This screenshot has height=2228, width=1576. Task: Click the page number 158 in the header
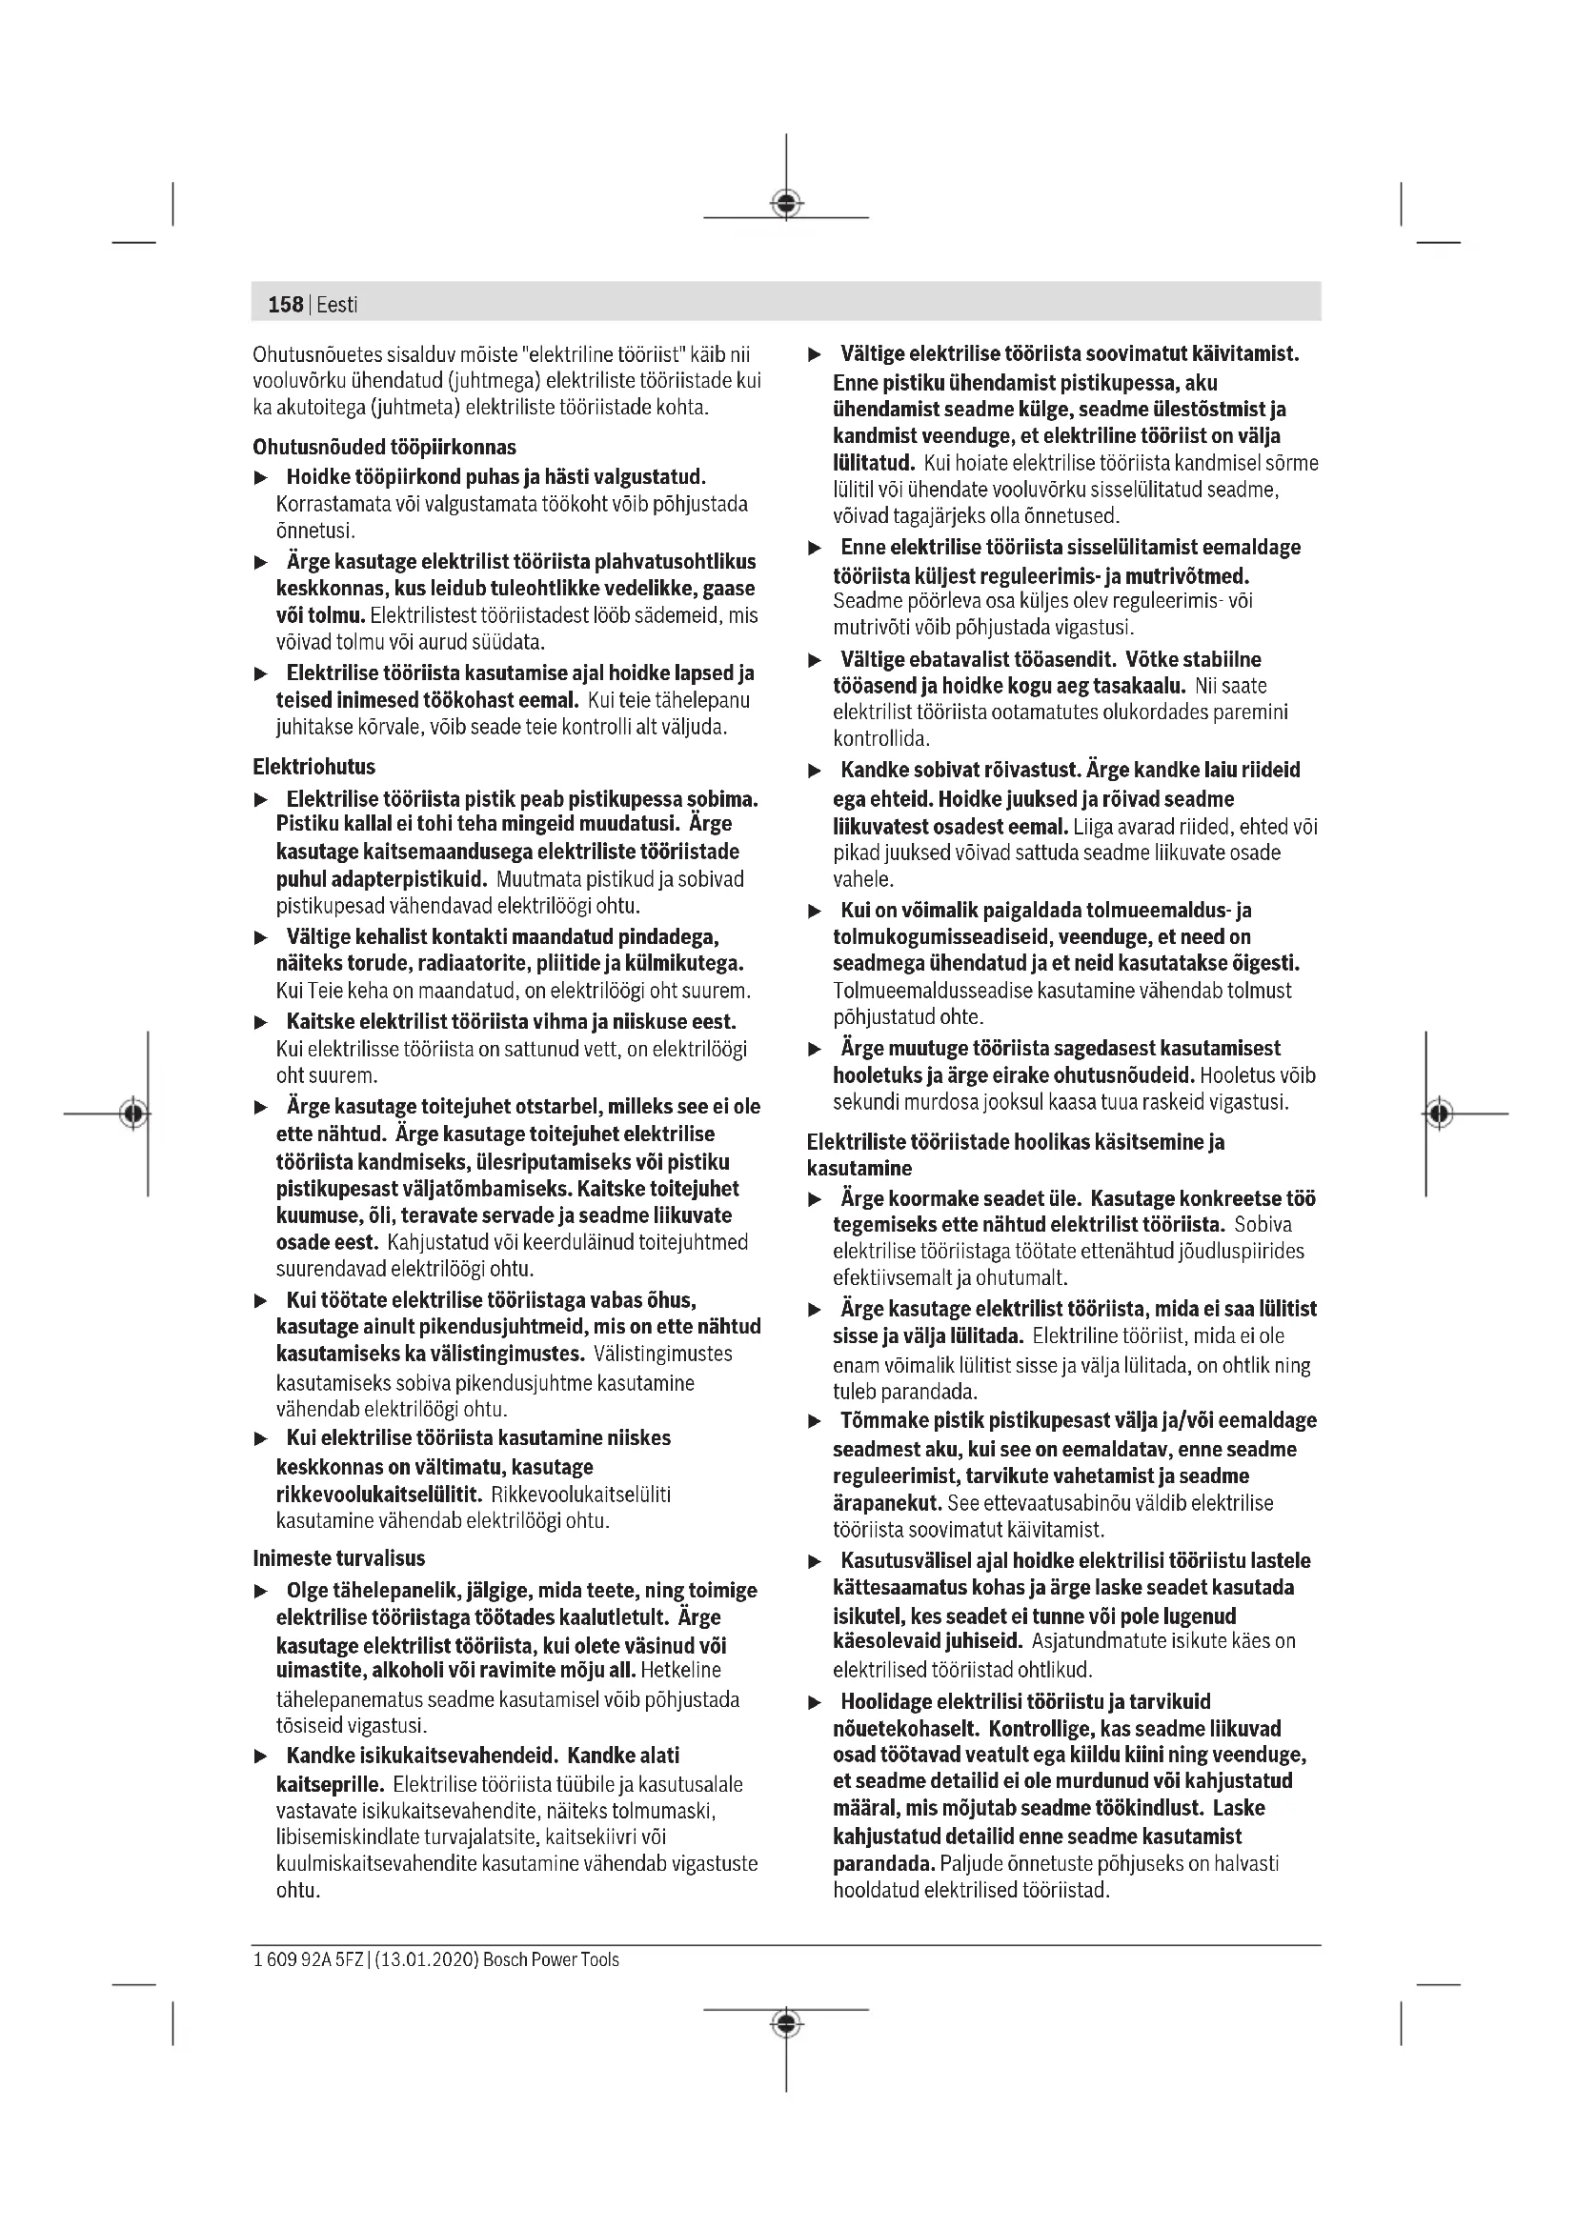(x=285, y=305)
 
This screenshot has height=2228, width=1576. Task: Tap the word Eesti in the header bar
(x=336, y=305)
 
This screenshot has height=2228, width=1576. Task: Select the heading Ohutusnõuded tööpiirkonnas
(x=384, y=448)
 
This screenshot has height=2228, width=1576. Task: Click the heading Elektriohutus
(x=313, y=767)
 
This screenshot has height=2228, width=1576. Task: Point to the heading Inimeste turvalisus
(x=338, y=1558)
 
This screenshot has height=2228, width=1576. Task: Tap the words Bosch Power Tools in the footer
(x=550, y=1959)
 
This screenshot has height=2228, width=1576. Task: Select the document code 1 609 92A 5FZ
(x=308, y=1959)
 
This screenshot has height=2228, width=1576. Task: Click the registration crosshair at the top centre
(x=786, y=204)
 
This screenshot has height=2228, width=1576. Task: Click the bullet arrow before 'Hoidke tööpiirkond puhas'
(x=260, y=478)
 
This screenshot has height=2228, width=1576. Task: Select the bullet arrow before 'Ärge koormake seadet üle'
(x=816, y=1200)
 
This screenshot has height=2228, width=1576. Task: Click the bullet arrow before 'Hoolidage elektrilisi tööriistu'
(x=816, y=1703)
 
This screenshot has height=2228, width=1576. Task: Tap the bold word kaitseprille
(x=331, y=1783)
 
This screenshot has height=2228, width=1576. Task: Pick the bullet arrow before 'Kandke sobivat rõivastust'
(x=816, y=772)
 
